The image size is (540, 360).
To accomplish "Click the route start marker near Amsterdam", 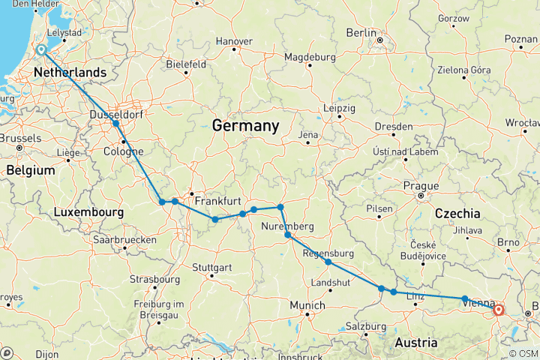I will (40, 51).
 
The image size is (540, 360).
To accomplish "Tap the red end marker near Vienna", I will (498, 308).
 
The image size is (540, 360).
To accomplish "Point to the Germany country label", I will (245, 125).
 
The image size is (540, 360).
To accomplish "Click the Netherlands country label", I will (70, 72).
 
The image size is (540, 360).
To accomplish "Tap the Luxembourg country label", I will (88, 213).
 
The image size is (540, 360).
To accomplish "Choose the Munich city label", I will (307, 305).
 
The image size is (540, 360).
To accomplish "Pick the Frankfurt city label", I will (217, 201).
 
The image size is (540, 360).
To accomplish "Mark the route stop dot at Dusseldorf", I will (115, 123).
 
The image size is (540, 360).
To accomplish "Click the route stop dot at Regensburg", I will (328, 262).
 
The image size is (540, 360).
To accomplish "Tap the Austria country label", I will (415, 342).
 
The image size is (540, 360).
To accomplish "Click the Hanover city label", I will (234, 40).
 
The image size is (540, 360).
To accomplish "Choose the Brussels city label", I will (20, 138).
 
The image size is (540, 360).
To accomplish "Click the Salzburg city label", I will (364, 327).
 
